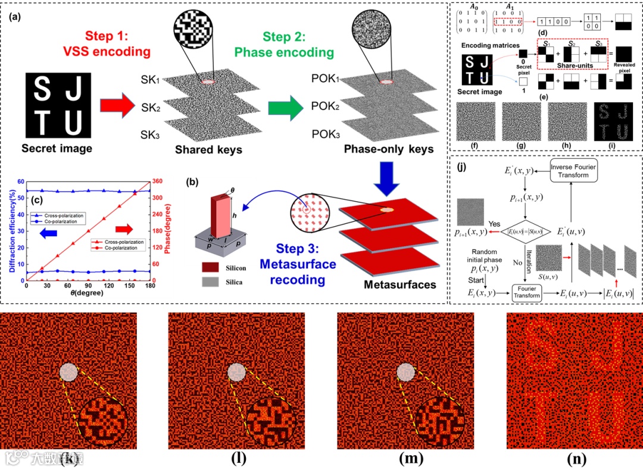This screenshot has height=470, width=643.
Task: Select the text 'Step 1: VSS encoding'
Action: coord(117,42)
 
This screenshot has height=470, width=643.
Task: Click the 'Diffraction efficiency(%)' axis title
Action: coord(11,227)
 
